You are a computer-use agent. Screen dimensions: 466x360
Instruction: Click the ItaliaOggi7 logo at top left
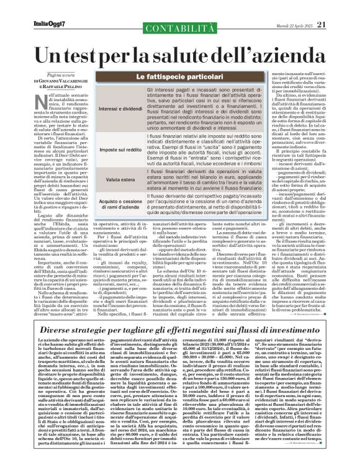pos(32,7)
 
